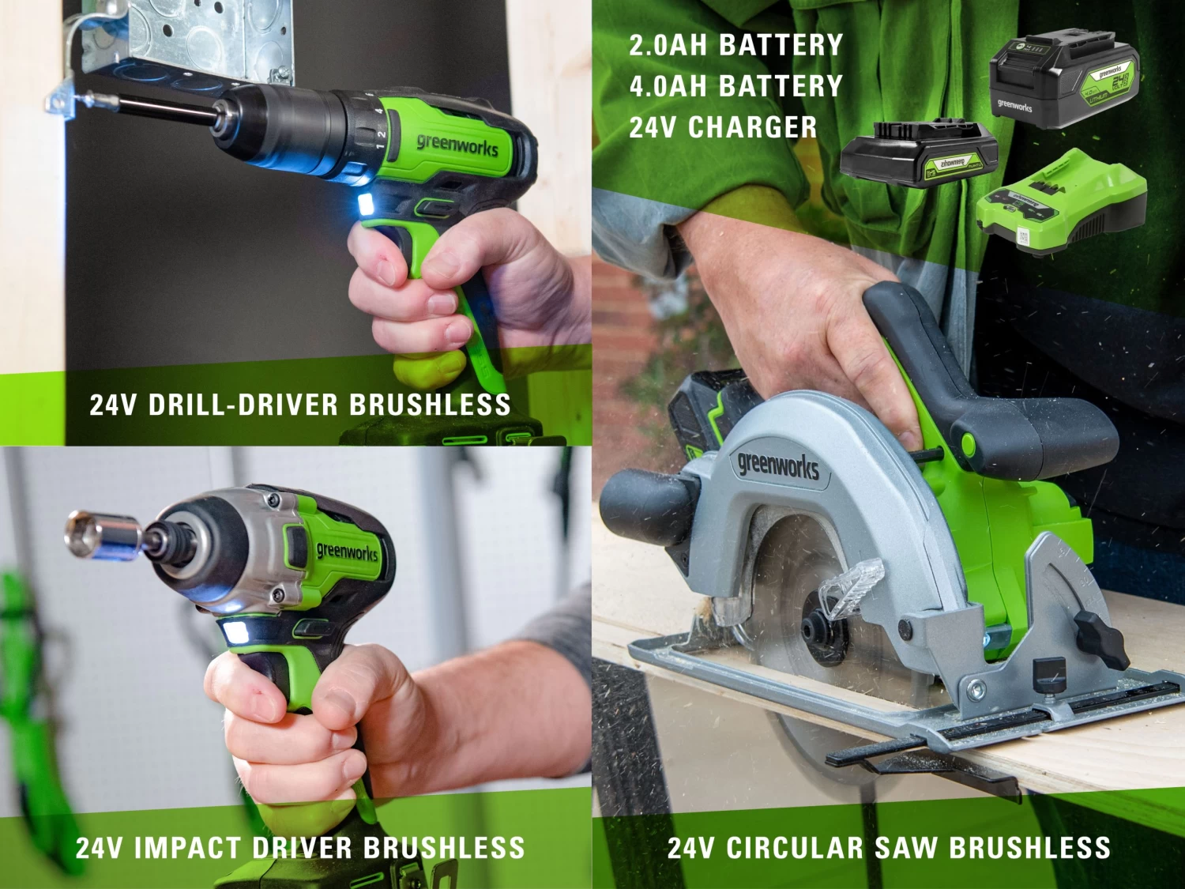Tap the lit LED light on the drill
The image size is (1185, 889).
tap(365, 206)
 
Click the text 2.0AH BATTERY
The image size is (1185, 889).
tap(735, 45)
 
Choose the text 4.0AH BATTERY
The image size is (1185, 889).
tap(735, 86)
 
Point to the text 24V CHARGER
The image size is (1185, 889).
tap(723, 127)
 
